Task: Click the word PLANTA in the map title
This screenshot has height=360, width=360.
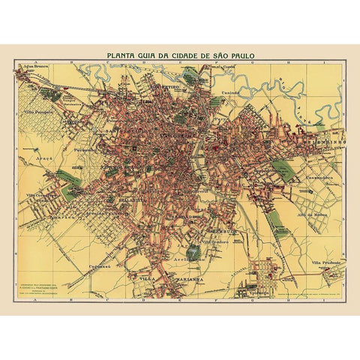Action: click(122, 54)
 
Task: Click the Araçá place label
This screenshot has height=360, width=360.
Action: click(47, 160)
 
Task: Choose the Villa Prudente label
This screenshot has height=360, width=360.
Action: click(326, 263)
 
